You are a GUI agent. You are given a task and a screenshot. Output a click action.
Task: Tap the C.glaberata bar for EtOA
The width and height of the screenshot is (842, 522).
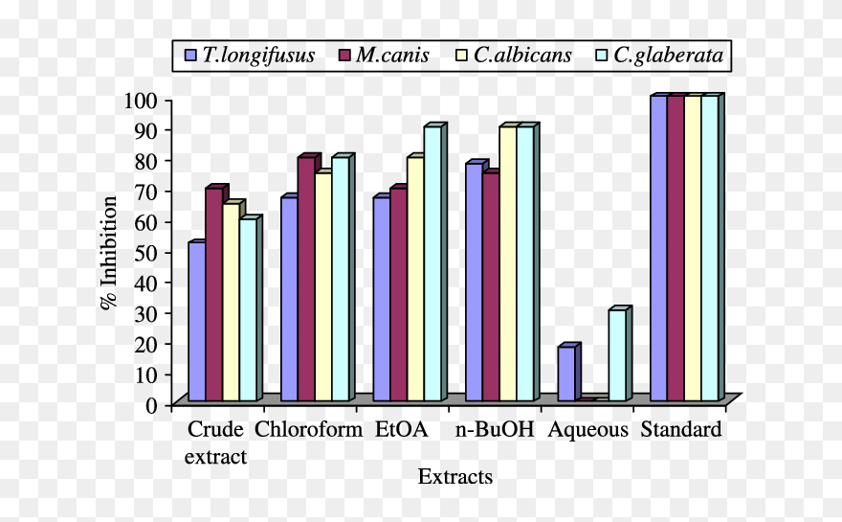pyautogui.click(x=432, y=263)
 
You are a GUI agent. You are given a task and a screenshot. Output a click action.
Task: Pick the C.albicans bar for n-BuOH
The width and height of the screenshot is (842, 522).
pyautogui.click(x=507, y=263)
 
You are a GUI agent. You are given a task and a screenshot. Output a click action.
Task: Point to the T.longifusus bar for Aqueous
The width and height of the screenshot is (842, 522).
pyautogui.click(x=565, y=374)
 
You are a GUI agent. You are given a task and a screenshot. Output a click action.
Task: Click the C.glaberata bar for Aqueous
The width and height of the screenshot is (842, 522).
pyautogui.click(x=617, y=355)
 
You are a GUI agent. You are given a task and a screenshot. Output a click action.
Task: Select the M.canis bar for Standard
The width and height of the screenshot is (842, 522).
pyautogui.click(x=676, y=248)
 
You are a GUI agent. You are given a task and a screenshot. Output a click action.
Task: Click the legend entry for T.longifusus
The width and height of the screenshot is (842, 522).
pyautogui.click(x=253, y=55)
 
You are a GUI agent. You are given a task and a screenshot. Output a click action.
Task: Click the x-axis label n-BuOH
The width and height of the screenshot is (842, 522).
pyautogui.click(x=495, y=429)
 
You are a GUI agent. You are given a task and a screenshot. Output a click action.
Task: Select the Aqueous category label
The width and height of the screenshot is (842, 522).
pyautogui.click(x=587, y=429)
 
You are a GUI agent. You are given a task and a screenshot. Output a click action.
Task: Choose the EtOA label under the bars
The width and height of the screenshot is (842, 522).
pyautogui.click(x=401, y=429)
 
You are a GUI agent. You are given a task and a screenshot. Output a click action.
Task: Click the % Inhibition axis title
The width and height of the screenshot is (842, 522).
pyautogui.click(x=109, y=252)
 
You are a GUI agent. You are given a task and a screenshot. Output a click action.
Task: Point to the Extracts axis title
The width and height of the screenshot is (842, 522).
pyautogui.click(x=455, y=476)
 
